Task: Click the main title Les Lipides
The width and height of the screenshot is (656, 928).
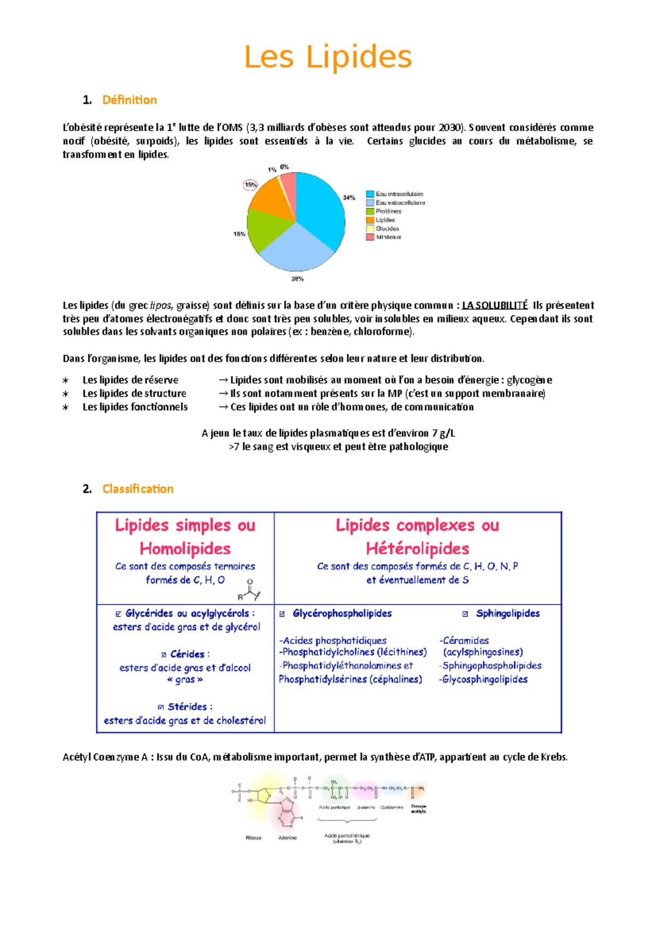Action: point(328,57)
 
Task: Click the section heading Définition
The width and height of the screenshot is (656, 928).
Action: point(130,100)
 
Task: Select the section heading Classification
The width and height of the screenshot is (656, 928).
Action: point(138,489)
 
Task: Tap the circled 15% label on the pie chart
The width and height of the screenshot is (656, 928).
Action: point(250,185)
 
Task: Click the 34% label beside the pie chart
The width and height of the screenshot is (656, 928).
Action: point(349,198)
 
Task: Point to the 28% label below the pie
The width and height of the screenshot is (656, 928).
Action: point(297,279)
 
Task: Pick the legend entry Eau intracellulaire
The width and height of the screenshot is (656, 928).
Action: point(399,194)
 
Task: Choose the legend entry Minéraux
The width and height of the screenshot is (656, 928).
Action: point(388,237)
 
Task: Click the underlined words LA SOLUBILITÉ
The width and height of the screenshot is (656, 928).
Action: point(495,306)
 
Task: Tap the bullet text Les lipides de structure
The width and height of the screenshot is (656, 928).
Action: point(134,393)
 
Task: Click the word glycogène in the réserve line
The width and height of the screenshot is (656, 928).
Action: point(529,380)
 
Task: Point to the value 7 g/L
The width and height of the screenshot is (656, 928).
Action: point(443,433)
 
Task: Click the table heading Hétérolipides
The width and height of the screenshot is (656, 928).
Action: point(418,548)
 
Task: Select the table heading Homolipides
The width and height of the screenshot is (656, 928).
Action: point(185,548)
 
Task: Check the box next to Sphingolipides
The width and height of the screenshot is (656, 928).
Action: point(465,614)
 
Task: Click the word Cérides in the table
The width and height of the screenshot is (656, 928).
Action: point(187,654)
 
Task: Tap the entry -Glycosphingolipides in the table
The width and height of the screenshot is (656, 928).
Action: point(483,679)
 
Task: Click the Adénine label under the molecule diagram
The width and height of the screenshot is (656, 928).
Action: point(288,838)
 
